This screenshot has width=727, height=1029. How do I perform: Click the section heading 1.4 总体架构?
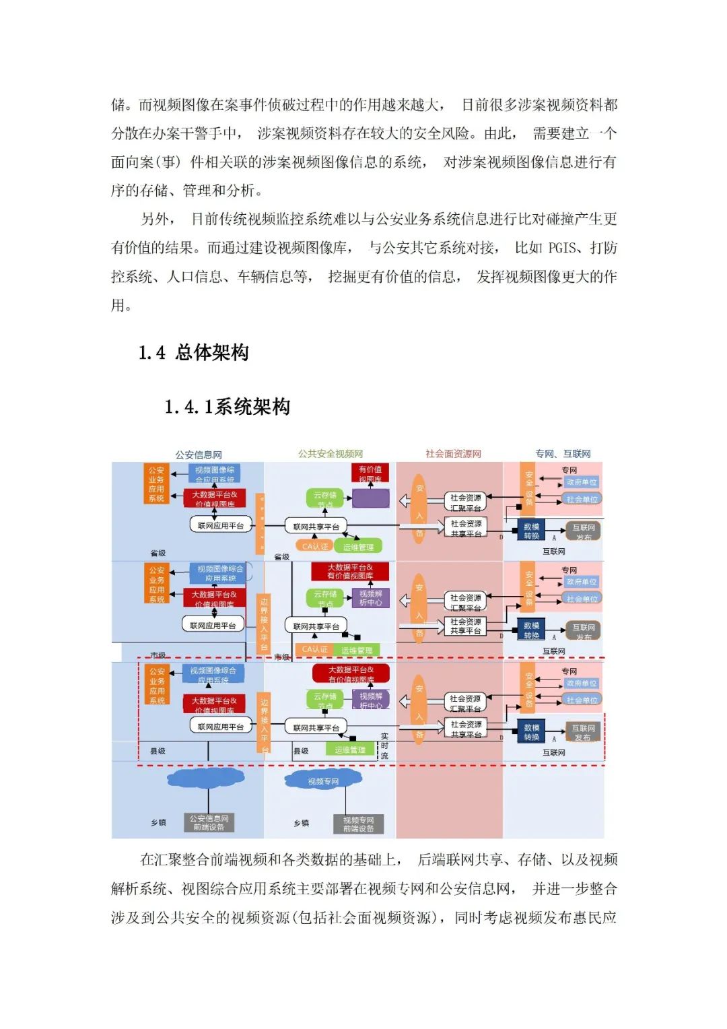pos(194,352)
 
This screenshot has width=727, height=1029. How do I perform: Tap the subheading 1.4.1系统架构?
pos(228,407)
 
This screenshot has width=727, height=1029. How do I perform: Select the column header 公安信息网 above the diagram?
pos(199,455)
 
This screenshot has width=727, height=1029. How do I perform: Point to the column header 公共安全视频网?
pos(331,454)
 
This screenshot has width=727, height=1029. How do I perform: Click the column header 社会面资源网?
pos(453,454)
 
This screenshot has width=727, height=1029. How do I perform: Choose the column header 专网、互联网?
pos(563,454)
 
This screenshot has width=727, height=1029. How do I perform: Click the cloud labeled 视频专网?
pos(323,781)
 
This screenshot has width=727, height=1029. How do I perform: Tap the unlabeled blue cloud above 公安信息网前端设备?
pos(206,778)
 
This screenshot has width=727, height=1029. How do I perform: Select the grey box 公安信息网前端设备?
pos(209,823)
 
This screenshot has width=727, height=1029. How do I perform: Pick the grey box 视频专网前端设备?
pos(358,824)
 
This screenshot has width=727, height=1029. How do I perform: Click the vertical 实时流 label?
pos(384,746)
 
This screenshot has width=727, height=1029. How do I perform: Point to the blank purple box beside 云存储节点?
pos(370,498)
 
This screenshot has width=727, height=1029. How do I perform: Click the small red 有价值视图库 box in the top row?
pos(370,473)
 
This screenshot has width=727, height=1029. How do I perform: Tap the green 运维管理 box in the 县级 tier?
pos(349,750)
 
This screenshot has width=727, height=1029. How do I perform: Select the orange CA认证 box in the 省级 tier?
pos(315,546)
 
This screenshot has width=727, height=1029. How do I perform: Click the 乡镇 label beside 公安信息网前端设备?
pos(158,823)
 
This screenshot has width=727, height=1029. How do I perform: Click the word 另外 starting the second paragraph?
pos(154,220)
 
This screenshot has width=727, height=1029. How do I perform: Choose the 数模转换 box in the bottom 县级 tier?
pos(531,732)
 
